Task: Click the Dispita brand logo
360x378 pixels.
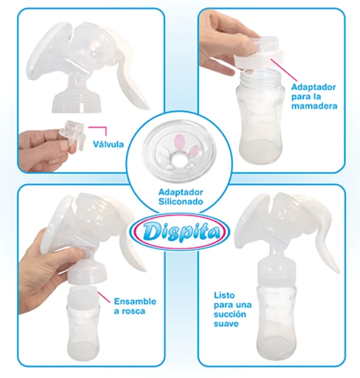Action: click(x=181, y=232)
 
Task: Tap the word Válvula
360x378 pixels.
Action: click(x=109, y=144)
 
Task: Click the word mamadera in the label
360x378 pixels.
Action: click(x=314, y=106)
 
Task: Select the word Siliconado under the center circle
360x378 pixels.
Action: click(x=181, y=202)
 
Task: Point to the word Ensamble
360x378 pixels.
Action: click(x=135, y=301)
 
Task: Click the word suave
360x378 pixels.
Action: click(x=226, y=324)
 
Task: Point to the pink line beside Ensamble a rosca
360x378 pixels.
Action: click(x=104, y=298)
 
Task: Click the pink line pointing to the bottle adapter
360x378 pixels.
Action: click(x=283, y=70)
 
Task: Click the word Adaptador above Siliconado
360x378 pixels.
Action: click(x=181, y=192)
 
